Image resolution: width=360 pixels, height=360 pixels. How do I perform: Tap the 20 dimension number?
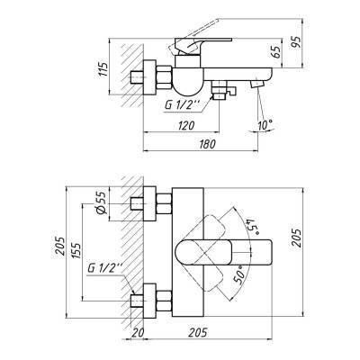click(x=138, y=334)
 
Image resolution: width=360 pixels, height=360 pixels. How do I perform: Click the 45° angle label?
click(x=250, y=220)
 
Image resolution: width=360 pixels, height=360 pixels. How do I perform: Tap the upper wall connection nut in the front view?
click(x=154, y=205)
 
